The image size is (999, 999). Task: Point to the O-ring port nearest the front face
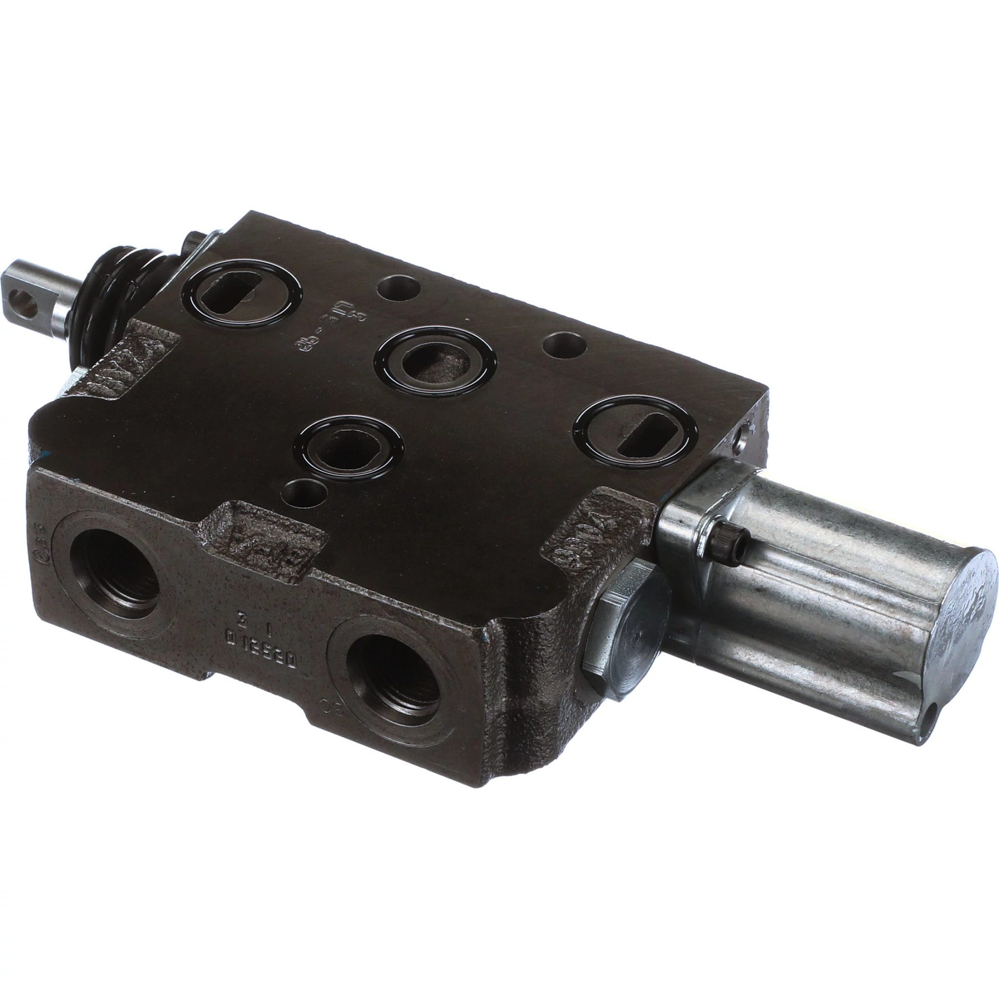(x=347, y=446)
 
